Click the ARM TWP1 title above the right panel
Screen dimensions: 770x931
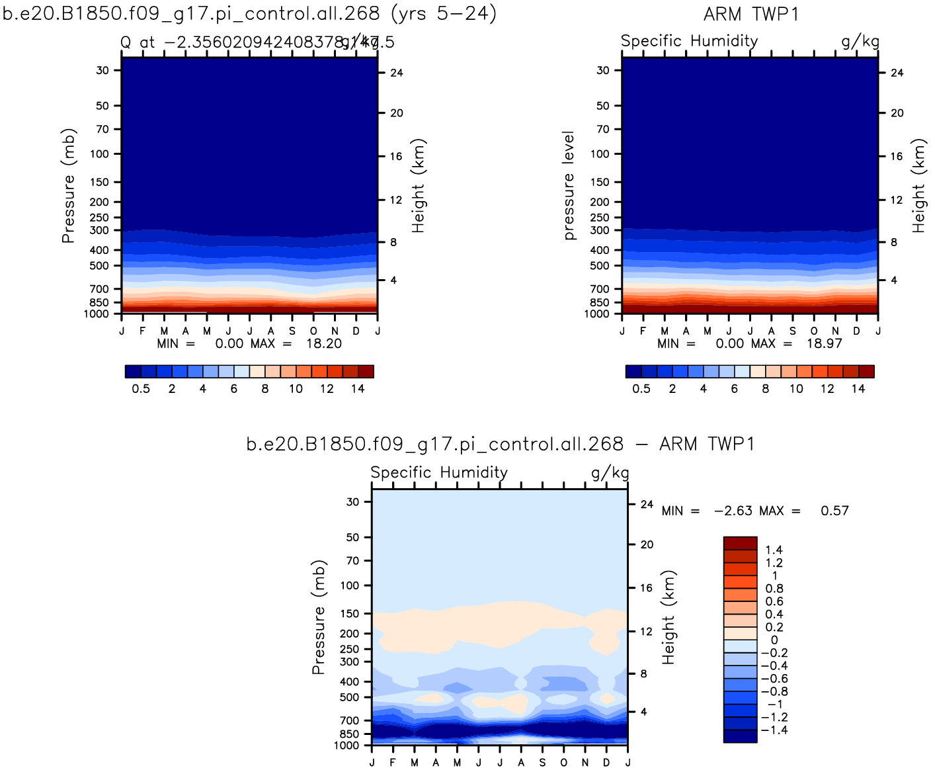(x=751, y=14)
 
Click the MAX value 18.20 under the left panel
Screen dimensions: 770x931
(x=323, y=343)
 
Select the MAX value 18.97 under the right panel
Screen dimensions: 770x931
(x=824, y=343)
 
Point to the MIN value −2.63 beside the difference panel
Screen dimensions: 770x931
(x=733, y=511)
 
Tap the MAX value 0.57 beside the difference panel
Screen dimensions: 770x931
(x=834, y=511)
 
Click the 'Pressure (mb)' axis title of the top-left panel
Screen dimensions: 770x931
(x=69, y=185)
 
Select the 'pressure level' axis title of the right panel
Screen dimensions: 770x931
(x=569, y=185)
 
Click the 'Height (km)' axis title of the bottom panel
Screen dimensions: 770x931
(x=669, y=617)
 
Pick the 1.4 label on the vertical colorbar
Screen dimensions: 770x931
(x=774, y=550)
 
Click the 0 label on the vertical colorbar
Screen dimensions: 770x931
(x=774, y=640)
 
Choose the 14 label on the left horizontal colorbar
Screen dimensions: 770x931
(x=358, y=389)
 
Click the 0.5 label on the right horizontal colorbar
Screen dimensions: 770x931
(x=641, y=389)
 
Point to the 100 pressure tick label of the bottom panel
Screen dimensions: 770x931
(x=350, y=585)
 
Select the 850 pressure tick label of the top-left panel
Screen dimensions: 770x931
(x=99, y=302)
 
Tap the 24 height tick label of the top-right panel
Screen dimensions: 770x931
(x=897, y=73)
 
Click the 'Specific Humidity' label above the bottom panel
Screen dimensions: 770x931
(x=439, y=472)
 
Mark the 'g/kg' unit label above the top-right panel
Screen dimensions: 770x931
(x=860, y=41)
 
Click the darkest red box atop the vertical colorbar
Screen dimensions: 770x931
(x=740, y=543)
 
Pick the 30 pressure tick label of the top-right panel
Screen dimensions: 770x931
(x=603, y=70)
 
